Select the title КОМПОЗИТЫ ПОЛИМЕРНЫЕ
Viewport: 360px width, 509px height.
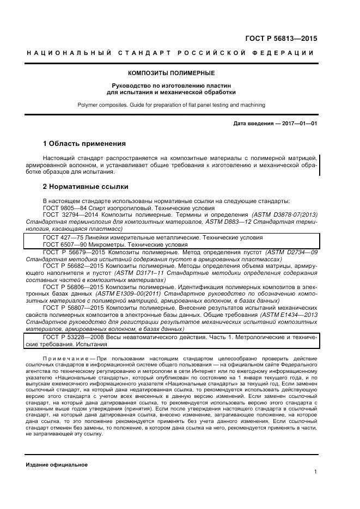(x=171, y=73)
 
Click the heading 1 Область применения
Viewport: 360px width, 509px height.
(x=84, y=144)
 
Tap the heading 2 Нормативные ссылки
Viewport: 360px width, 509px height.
(x=86, y=187)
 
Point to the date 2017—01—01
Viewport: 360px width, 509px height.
(x=296, y=124)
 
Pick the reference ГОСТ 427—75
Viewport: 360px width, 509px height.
(x=63, y=237)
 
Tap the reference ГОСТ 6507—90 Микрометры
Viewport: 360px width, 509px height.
(x=87, y=245)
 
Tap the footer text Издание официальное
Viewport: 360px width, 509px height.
(x=57, y=465)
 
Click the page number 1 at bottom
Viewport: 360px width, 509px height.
(x=315, y=473)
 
